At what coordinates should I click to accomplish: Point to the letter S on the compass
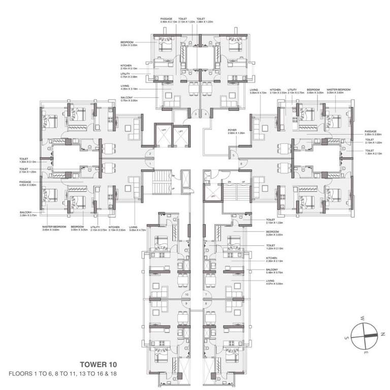346,337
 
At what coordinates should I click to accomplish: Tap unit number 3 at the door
196,115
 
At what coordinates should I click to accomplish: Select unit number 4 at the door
206,115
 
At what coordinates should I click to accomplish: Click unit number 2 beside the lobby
149,153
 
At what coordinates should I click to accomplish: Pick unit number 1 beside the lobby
149,164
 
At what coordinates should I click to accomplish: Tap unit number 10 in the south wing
187,294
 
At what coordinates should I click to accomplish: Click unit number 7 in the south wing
206,294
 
